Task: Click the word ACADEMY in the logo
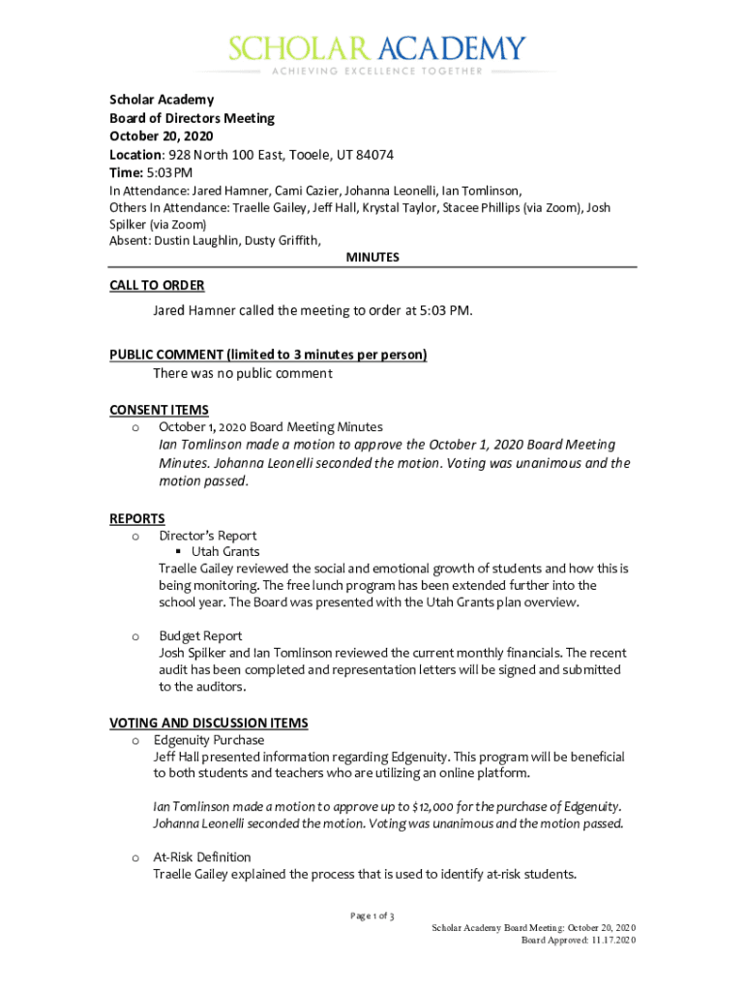[x=453, y=48]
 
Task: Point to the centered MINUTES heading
[x=372, y=257]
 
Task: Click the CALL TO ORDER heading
[x=157, y=285]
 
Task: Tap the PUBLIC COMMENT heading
[x=268, y=355]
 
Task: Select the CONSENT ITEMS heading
[x=159, y=410]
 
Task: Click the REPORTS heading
[x=137, y=519]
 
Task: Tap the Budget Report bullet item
[x=200, y=635]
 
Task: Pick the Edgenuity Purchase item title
[x=209, y=741]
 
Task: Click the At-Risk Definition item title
[x=202, y=858]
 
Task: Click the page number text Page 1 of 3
[x=372, y=916]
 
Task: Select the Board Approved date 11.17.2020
[x=610, y=940]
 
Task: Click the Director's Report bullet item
[x=208, y=536]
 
